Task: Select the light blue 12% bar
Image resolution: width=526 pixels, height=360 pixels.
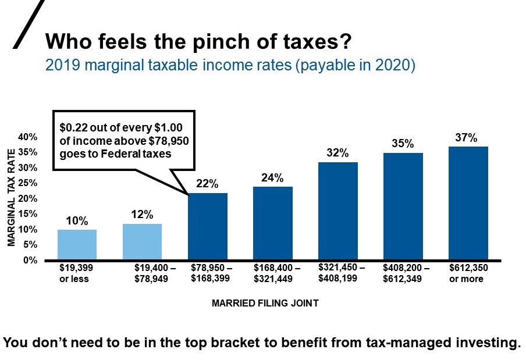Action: (x=142, y=242)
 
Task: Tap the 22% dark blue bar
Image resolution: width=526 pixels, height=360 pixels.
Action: (x=207, y=226)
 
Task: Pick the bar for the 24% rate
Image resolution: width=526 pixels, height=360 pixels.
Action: (x=272, y=223)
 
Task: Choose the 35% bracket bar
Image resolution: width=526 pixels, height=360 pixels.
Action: (x=403, y=206)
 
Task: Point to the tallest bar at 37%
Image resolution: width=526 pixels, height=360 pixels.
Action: (x=468, y=203)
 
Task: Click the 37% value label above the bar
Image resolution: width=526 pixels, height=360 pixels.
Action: (x=466, y=138)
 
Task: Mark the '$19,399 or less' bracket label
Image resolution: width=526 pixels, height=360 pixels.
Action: (x=76, y=273)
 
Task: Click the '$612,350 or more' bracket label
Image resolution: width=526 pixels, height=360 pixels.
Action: (x=468, y=273)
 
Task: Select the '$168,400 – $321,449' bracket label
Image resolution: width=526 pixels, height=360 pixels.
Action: (x=277, y=273)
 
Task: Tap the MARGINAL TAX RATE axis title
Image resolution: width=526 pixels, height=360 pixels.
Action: (x=11, y=197)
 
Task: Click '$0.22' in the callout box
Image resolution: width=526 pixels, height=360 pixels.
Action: (x=75, y=127)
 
